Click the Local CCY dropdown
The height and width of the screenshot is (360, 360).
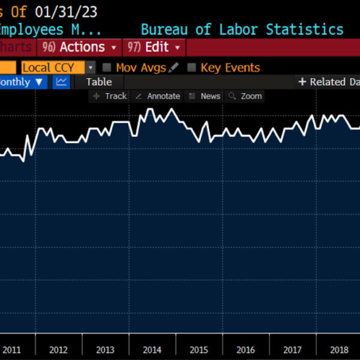click(x=58, y=68)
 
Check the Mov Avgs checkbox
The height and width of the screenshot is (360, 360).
click(x=107, y=68)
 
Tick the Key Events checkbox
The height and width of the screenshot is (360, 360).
click(x=191, y=68)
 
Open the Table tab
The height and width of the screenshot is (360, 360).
click(x=99, y=82)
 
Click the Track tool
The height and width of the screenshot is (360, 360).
click(x=110, y=96)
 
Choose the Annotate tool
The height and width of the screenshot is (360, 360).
click(x=158, y=96)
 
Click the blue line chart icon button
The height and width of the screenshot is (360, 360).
click(x=62, y=82)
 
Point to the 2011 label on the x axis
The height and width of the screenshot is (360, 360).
click(x=12, y=350)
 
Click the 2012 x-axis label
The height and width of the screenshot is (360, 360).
click(x=58, y=350)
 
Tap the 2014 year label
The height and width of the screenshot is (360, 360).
click(x=152, y=350)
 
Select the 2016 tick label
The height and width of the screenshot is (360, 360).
click(x=245, y=350)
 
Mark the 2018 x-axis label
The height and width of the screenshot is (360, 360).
click(x=339, y=350)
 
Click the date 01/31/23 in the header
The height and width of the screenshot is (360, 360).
click(x=66, y=12)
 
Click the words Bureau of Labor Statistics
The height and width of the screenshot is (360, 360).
click(x=242, y=29)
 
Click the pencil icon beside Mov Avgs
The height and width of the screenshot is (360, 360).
click(x=175, y=68)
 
